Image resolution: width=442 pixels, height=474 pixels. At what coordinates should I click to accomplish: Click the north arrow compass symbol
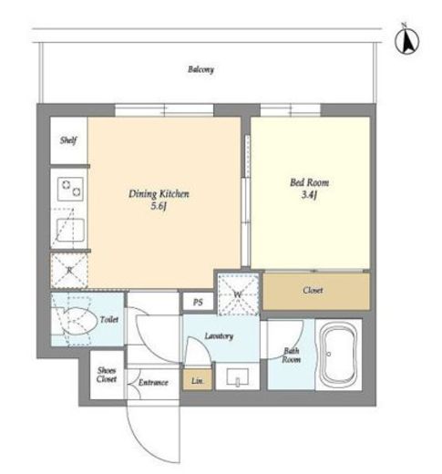click(x=406, y=39)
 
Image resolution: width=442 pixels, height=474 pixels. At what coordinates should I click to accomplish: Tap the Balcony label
click(x=200, y=69)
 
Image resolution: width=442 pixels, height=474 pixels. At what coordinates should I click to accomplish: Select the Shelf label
click(x=68, y=140)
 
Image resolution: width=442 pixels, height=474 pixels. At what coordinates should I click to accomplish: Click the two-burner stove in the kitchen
click(x=70, y=189)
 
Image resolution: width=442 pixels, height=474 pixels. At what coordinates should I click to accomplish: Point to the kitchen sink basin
click(x=70, y=230)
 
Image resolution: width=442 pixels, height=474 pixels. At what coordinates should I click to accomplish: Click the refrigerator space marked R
click(x=69, y=271)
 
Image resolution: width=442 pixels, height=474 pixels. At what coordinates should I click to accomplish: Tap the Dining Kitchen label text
click(x=159, y=194)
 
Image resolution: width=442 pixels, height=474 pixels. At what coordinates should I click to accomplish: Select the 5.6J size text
click(x=159, y=207)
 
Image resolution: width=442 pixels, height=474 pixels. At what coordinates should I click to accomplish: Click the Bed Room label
click(x=309, y=182)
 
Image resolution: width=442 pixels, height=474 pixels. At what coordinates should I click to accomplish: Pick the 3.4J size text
click(x=309, y=195)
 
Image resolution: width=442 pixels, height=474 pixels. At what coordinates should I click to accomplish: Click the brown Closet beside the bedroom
click(x=316, y=291)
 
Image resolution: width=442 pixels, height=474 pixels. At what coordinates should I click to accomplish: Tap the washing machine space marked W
click(x=238, y=294)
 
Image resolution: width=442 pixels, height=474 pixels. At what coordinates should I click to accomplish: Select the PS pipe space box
click(x=198, y=302)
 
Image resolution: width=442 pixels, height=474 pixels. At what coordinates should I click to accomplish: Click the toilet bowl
click(x=79, y=322)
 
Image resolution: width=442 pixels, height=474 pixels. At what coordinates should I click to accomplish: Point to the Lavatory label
click(x=219, y=336)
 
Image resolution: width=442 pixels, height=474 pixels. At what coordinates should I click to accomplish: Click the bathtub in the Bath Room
click(x=339, y=355)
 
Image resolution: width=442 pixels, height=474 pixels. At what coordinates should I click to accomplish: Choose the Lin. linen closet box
click(x=198, y=380)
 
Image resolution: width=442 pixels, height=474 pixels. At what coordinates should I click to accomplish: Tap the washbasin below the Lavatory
click(x=238, y=376)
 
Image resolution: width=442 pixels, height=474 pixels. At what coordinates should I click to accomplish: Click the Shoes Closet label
click(x=107, y=375)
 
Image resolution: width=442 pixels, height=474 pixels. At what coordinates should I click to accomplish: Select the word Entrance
click(x=153, y=382)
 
